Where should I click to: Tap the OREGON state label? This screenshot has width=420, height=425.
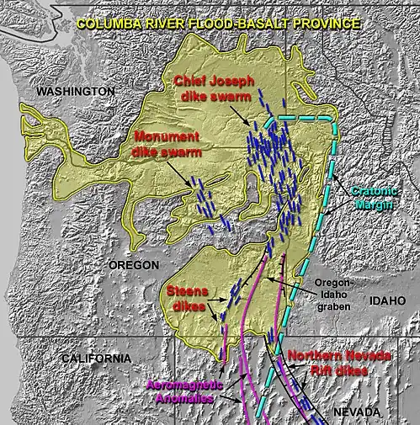(x=134, y=265)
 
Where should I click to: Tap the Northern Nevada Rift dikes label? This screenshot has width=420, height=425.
(x=338, y=364)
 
